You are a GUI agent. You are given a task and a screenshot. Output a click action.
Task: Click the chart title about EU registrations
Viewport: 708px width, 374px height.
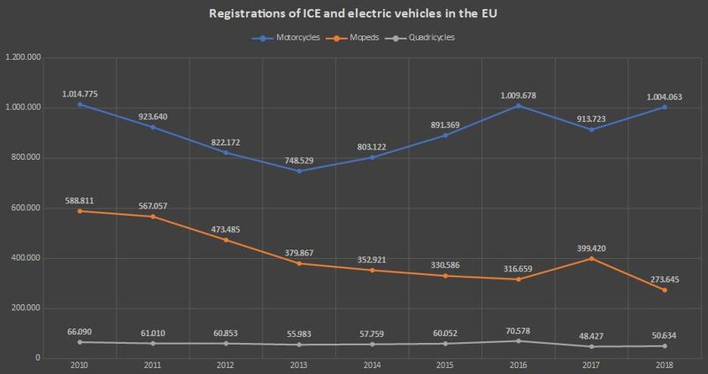pyautogui.click(x=353, y=15)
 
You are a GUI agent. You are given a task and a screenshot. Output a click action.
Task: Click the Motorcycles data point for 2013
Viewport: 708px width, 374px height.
pyautogui.click(x=298, y=171)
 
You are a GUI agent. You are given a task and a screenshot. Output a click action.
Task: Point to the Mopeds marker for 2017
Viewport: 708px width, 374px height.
pyautogui.click(x=589, y=258)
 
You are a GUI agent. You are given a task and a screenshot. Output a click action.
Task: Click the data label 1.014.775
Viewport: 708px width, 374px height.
pyautogui.click(x=81, y=92)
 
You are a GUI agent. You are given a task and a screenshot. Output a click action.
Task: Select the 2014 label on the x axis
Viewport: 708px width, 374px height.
pyautogui.click(x=371, y=365)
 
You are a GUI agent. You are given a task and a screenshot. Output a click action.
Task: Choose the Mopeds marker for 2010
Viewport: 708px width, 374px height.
pyautogui.click(x=81, y=210)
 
